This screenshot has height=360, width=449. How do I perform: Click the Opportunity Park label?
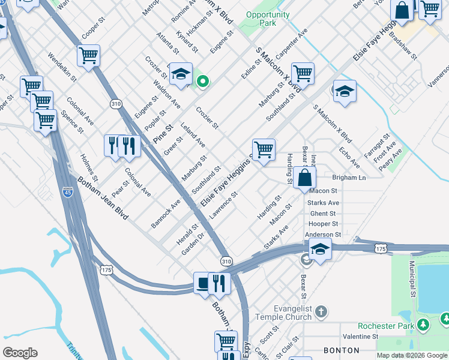pyautogui.click(x=268, y=19)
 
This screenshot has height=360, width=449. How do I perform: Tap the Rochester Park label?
pyautogui.click(x=385, y=326)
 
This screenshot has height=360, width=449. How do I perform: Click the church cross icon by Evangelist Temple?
pyautogui.click(x=322, y=311)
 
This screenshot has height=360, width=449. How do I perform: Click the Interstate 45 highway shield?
pyautogui.click(x=68, y=193)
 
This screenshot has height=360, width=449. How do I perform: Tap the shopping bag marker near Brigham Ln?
pyautogui.click(x=305, y=178)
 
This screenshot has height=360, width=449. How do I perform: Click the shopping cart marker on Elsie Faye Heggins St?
pyautogui.click(x=264, y=149)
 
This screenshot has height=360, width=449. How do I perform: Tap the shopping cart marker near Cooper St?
pyautogui.click(x=88, y=56)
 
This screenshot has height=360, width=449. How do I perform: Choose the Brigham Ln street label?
pyautogui.click(x=349, y=178)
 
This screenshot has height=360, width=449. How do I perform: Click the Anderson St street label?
pyautogui.click(x=323, y=235)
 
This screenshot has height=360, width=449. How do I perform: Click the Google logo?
pyautogui.click(x=20, y=353)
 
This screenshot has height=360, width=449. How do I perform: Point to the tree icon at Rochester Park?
pyautogui.click(x=424, y=325)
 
